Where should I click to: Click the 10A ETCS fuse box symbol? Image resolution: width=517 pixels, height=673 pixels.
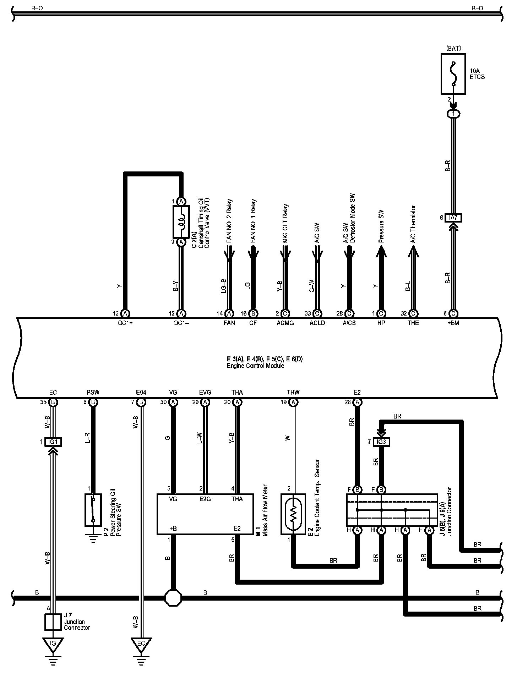(453, 74)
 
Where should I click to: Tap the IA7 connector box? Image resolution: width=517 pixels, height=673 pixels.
(453, 218)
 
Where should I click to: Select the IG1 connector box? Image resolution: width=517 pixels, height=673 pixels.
(53, 442)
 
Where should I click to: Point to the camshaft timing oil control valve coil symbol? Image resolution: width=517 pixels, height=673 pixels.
(181, 222)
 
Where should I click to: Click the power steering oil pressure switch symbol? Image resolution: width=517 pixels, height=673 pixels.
(93, 509)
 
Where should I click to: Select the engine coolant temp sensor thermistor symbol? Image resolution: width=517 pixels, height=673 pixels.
(293, 514)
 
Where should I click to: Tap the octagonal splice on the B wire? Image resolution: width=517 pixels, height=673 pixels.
(173, 598)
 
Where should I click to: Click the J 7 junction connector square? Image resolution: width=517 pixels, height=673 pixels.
(53, 622)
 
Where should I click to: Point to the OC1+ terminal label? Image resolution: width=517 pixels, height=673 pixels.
(125, 323)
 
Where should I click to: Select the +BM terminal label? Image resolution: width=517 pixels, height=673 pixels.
(453, 323)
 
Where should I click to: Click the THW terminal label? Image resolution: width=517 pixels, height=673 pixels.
(293, 392)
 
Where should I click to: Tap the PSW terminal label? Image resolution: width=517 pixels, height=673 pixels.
(93, 392)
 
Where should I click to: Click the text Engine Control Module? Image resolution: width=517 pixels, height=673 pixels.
(255, 366)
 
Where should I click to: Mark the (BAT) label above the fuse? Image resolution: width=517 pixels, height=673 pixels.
(453, 48)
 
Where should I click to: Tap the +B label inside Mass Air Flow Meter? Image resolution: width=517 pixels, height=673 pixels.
(173, 528)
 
